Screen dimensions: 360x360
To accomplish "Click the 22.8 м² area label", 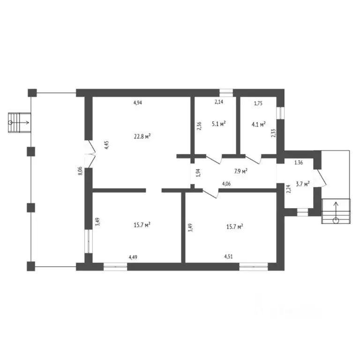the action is tap(142, 136).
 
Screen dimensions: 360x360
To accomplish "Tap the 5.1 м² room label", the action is tap(218, 124).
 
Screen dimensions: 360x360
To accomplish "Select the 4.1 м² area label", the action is tap(259, 124).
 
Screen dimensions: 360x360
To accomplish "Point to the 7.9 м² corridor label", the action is tap(240, 171).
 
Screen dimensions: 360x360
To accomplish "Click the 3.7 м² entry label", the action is tap(303, 184).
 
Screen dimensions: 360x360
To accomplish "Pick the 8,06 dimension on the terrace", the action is tap(80, 171).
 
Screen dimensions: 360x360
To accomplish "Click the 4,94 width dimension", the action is tap(138, 103).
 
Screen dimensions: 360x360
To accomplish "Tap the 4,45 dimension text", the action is tap(107, 145).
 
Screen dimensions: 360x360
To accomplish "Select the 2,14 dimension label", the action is tap(219, 102).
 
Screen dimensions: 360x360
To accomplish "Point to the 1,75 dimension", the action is tap(258, 103).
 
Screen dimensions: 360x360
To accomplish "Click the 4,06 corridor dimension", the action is tap(226, 184).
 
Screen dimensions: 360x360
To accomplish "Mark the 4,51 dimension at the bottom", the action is tap(228, 256).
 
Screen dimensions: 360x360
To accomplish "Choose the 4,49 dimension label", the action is tap(133, 257).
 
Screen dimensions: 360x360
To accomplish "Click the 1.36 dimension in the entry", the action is tap(299, 163).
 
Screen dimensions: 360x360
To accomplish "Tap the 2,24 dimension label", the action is tap(289, 189).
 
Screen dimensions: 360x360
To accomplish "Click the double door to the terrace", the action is tap(90, 154).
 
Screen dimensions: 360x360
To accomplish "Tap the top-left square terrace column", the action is tap(32, 93).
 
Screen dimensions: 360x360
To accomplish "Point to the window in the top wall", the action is tap(226, 93).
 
